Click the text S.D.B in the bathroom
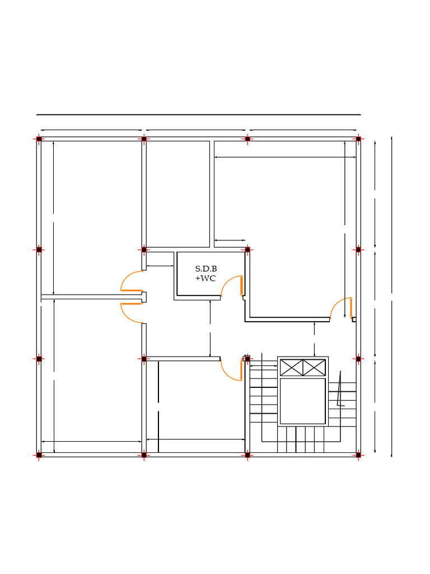coord(206,269)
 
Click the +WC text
coord(205,278)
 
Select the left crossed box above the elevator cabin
coord(291,367)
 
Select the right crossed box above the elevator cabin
coord(314,367)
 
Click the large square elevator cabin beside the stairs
coord(303,401)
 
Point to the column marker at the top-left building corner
coord(39,139)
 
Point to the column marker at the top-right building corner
coord(358,139)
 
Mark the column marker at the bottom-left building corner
coord(39,455)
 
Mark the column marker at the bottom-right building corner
coord(358,455)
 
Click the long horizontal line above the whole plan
coord(199,114)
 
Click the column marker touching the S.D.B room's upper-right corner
coord(247,250)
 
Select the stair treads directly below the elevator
coord(301,439)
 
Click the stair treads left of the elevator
coord(263,392)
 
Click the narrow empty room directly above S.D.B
coord(178,194)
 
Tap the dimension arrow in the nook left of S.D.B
coord(160,266)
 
